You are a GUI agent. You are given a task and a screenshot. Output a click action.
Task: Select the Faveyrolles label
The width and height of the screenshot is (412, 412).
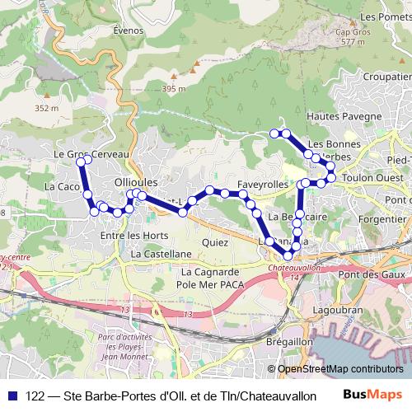(262, 184)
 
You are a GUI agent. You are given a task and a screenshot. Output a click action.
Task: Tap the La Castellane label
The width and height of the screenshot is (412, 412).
(161, 255)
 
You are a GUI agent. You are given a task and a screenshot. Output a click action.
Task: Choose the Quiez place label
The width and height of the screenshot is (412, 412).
(214, 242)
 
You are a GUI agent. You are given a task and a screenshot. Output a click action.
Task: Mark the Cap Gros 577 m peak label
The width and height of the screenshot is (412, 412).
(350, 37)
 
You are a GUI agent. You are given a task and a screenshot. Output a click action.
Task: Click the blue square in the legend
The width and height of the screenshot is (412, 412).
(12, 395)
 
